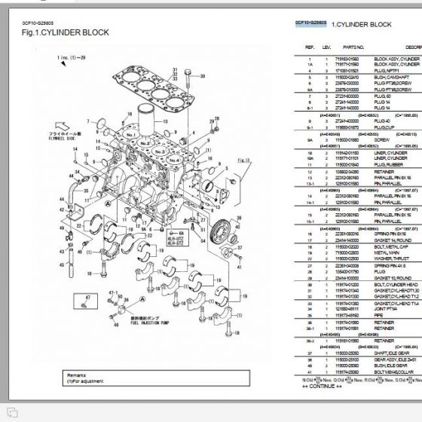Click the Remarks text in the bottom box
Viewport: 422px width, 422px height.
pyautogui.click(x=57, y=373)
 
